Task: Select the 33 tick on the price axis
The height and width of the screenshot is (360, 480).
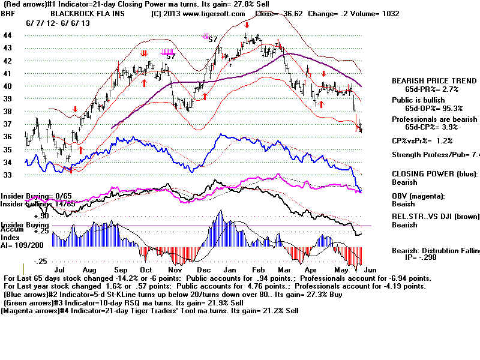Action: pyautogui.click(x=8, y=175)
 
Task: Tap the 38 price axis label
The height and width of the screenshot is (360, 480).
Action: pyautogui.click(x=8, y=112)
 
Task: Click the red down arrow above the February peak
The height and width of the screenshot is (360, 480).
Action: pyautogui.click(x=247, y=25)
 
